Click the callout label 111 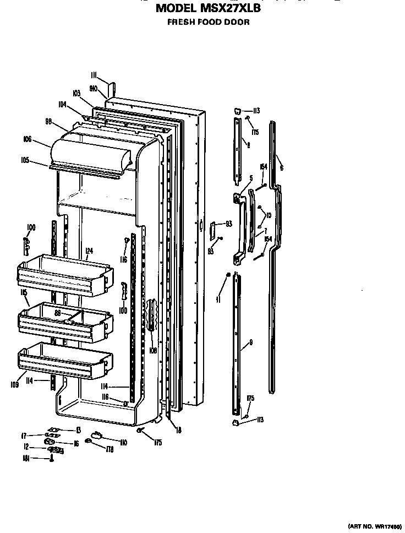pos(94,75)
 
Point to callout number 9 pos(251,342)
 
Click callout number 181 pos(25,458)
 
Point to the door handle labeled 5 pos(240,226)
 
